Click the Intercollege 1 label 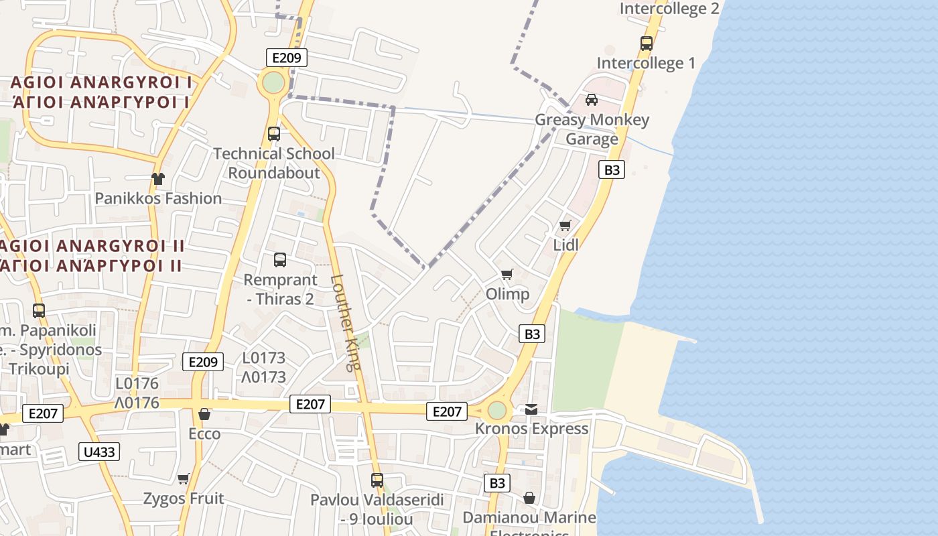tap(646, 63)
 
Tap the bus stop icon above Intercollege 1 tap(647, 44)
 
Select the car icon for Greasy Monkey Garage tap(592, 100)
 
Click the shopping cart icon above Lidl tap(565, 225)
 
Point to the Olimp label tap(507, 294)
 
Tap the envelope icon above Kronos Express tap(531, 409)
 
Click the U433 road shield tap(99, 452)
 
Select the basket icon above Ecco tap(204, 414)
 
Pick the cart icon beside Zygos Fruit tap(184, 478)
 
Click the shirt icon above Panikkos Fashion tap(157, 178)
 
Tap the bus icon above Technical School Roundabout tap(274, 133)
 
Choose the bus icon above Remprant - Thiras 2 tap(280, 260)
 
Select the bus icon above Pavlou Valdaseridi tap(377, 480)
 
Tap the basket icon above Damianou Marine tap(529, 498)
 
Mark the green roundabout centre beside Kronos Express tap(497, 410)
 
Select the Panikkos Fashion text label tap(158, 198)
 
